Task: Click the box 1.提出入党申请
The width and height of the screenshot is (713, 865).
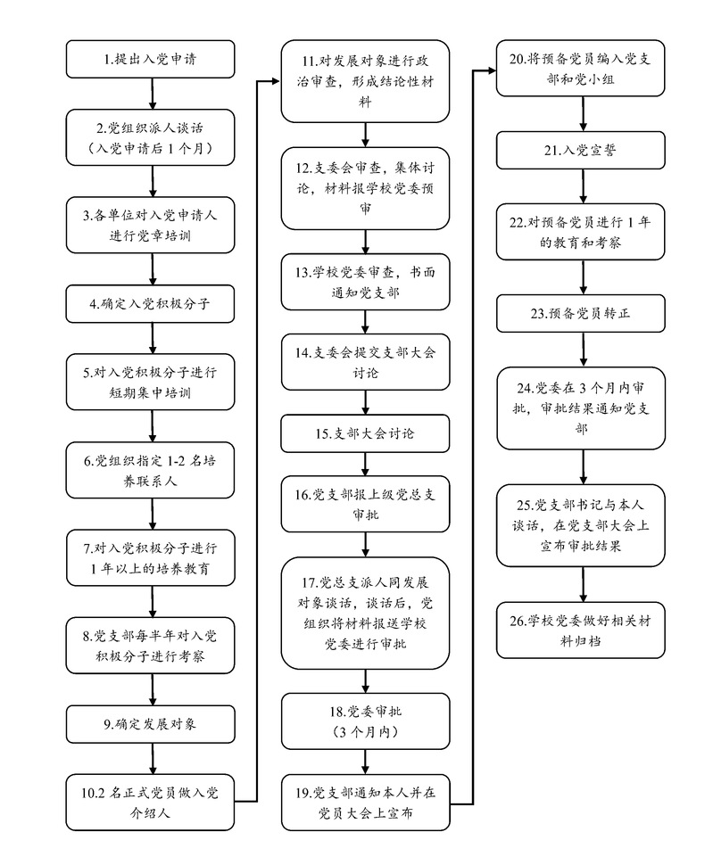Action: (154, 60)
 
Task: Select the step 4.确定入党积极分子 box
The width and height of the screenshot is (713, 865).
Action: (154, 303)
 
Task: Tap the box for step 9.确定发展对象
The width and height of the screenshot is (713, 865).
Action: (154, 723)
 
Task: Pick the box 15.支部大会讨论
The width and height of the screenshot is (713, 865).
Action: (365, 434)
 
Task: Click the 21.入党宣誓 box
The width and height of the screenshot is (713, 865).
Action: (584, 152)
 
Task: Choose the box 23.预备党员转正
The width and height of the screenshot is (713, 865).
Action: (584, 314)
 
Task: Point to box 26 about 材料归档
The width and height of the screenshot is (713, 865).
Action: (584, 630)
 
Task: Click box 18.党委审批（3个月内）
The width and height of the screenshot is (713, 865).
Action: (365, 721)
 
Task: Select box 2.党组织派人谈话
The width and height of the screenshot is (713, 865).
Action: (154, 136)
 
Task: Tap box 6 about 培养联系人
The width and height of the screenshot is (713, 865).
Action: (154, 470)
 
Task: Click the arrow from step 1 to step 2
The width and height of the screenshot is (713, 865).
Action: (154, 93)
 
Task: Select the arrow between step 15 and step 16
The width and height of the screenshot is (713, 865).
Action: (365, 465)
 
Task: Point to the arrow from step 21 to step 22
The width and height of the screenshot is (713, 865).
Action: (584, 188)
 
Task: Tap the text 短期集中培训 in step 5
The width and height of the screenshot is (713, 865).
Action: (154, 391)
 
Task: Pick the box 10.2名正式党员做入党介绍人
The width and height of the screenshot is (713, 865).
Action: (154, 802)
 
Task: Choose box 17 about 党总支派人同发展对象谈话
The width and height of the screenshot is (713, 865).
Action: (365, 612)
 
